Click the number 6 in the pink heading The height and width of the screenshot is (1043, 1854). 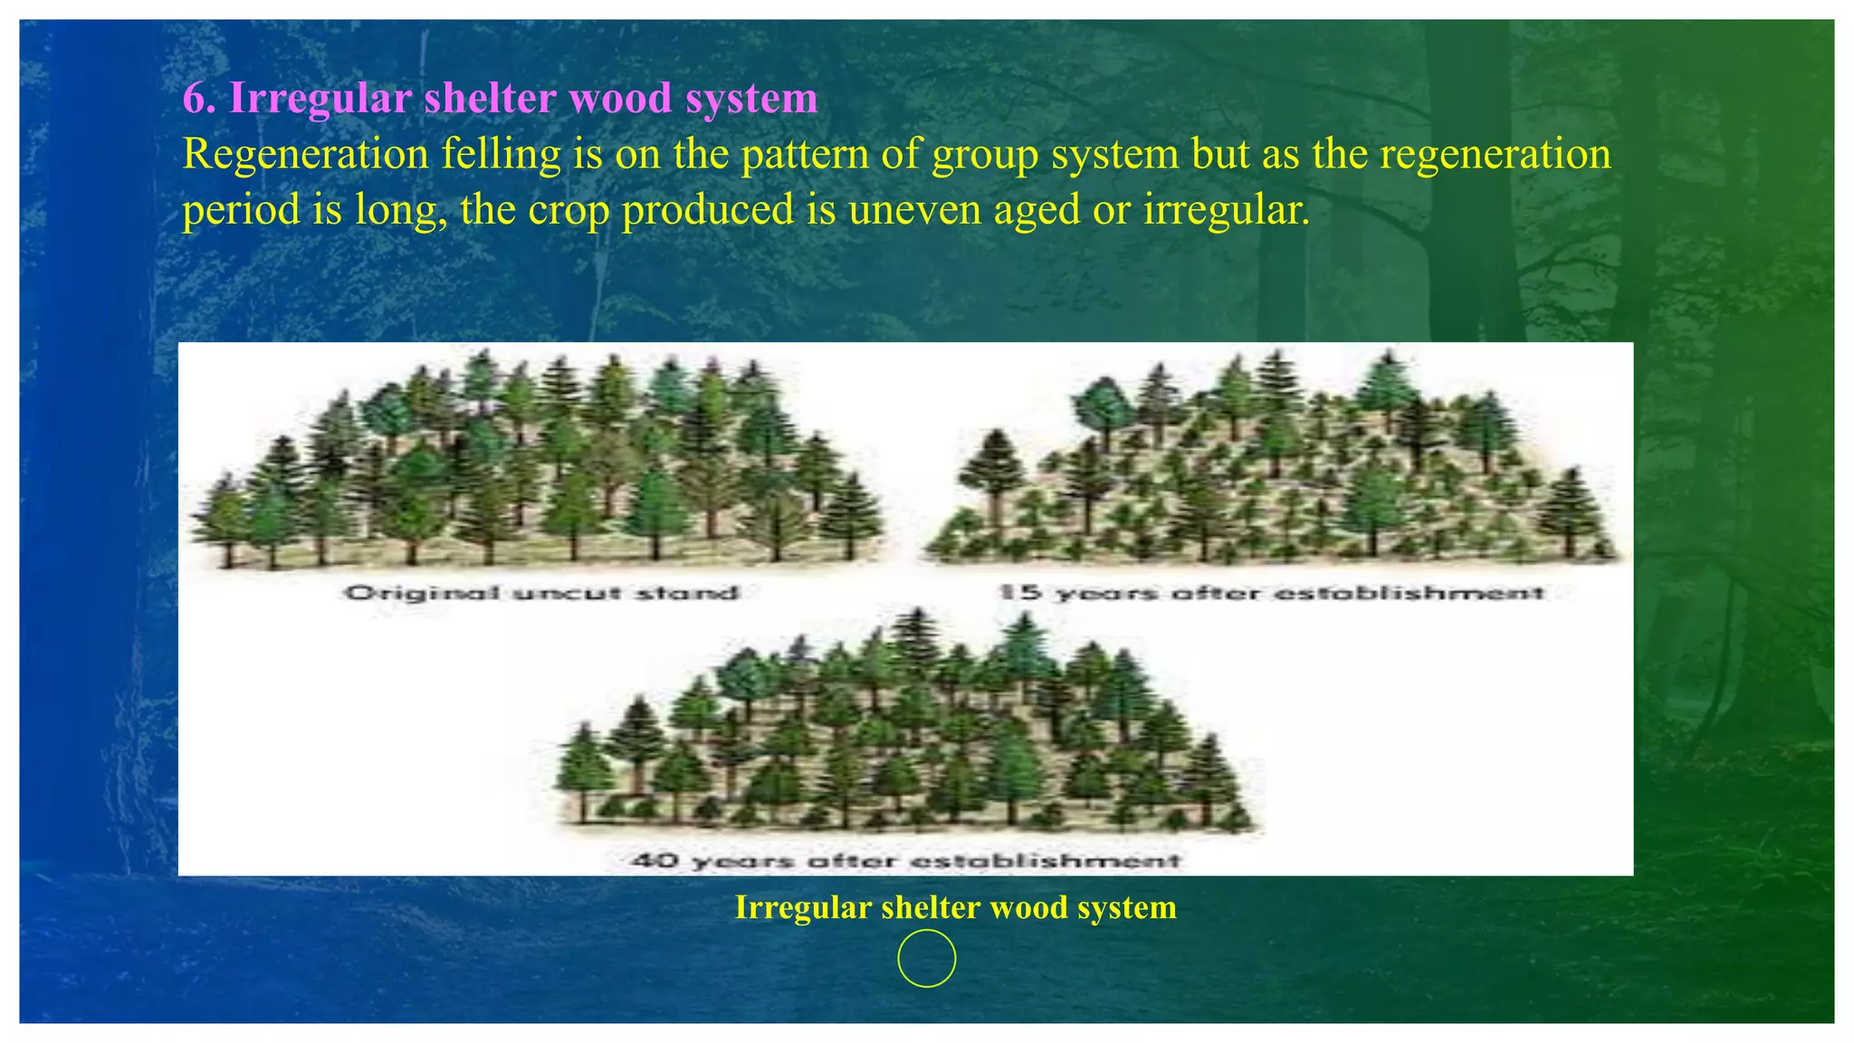click(x=195, y=98)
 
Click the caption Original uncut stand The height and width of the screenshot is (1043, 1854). click(x=541, y=593)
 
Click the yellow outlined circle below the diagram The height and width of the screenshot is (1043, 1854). click(x=926, y=958)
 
